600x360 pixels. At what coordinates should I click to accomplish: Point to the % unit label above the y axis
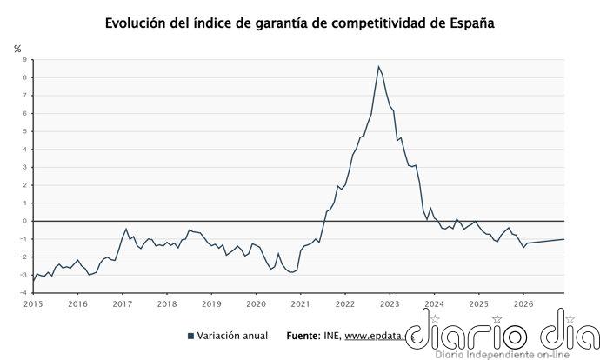[17, 49]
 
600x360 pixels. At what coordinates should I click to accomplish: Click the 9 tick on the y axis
[25, 60]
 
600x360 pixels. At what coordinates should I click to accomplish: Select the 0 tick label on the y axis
[25, 221]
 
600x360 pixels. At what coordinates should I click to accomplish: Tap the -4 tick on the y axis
[23, 293]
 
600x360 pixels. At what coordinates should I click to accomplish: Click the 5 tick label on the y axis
[25, 131]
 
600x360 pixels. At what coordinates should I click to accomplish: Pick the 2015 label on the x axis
[33, 303]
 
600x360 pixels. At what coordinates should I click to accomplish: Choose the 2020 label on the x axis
[256, 303]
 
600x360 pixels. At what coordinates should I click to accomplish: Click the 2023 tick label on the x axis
[389, 303]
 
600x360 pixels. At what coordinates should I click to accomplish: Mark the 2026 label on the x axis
[523, 303]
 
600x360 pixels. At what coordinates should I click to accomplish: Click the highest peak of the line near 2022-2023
[378, 66]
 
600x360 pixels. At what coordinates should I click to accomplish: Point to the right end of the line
[563, 239]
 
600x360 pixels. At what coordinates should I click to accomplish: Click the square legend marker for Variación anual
[190, 336]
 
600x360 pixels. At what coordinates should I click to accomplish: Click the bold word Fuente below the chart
[303, 336]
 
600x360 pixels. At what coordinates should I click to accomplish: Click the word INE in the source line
[331, 336]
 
